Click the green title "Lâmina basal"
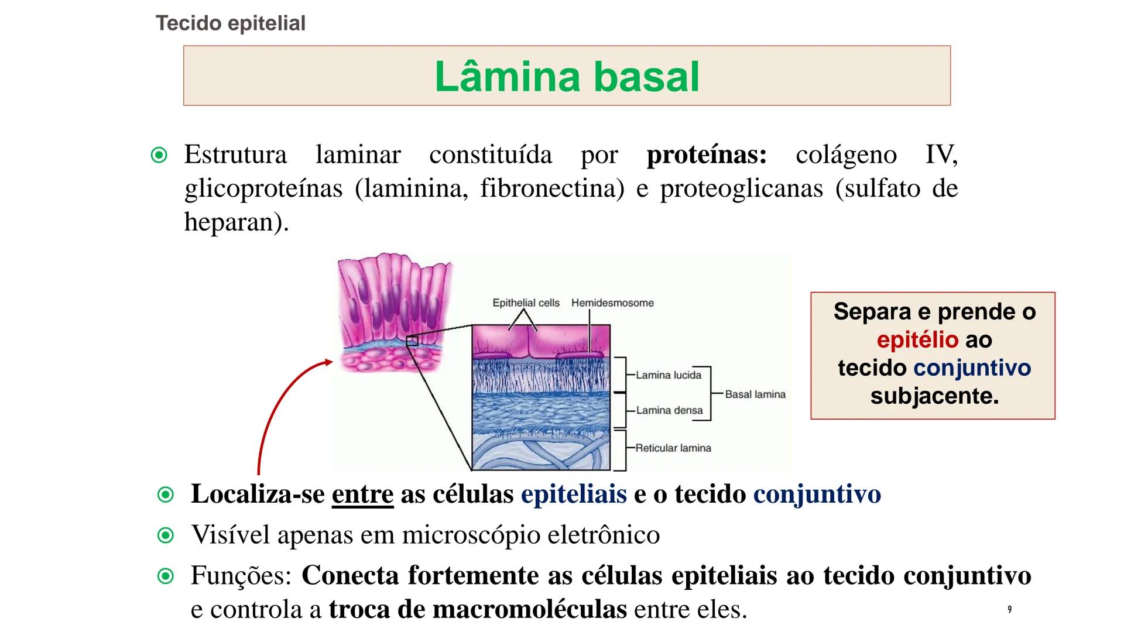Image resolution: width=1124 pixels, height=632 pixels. click(567, 77)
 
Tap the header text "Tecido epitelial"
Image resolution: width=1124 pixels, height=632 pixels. click(231, 23)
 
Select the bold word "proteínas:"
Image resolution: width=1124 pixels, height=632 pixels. click(707, 154)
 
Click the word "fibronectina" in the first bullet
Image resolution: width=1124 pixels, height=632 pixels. click(553, 188)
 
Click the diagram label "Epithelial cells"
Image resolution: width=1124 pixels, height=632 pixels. click(526, 303)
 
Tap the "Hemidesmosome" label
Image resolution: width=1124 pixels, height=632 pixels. click(612, 303)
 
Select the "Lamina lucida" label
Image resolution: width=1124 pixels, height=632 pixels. click(669, 375)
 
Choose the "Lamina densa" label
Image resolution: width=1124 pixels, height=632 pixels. click(669, 410)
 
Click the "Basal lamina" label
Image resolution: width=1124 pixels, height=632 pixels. click(755, 394)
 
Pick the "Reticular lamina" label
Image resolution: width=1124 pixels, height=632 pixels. click(673, 448)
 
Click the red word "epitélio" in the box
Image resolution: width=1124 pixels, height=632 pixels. click(917, 340)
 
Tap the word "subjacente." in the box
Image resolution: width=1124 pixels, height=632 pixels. click(934, 396)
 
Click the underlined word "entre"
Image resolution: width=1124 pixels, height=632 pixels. click(362, 494)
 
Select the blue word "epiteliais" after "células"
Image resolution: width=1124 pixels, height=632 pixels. click(574, 494)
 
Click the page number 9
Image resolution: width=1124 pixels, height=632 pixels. click(1009, 610)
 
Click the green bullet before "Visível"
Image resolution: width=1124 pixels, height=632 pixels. click(166, 535)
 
